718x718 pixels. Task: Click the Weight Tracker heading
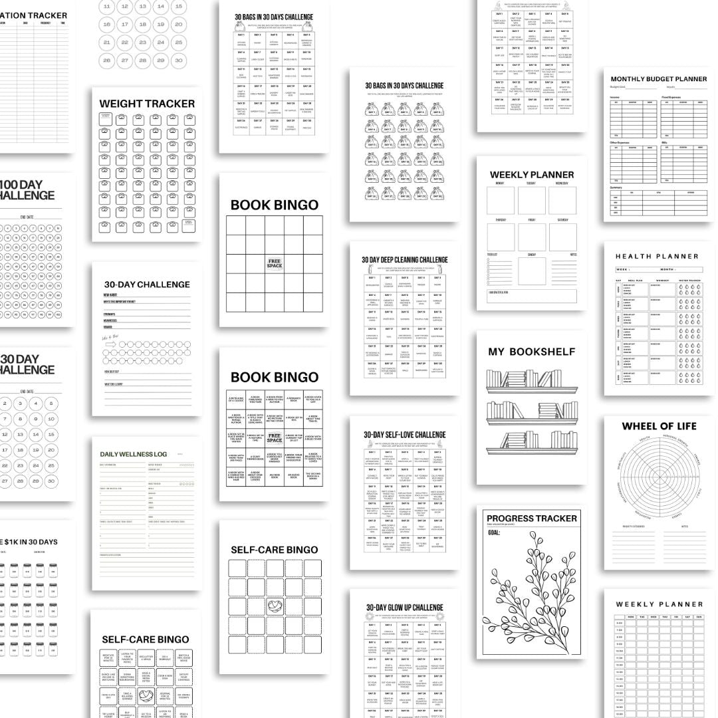[x=147, y=104]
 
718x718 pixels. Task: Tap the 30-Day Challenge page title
[x=147, y=285]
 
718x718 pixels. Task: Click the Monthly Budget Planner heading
[x=659, y=79]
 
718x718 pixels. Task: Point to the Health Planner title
[x=657, y=256]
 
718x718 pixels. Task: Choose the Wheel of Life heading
[x=659, y=426]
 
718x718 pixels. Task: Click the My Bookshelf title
[x=531, y=352]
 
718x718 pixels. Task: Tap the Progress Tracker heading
[x=531, y=519]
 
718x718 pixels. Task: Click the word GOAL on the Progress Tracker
[x=494, y=533]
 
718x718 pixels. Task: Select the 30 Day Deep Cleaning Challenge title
[x=405, y=260]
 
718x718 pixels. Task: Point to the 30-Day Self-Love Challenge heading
[x=405, y=435]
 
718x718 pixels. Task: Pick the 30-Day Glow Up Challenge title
[x=404, y=608]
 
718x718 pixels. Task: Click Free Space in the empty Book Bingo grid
[x=275, y=263]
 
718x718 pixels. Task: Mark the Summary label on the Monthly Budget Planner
[x=616, y=187]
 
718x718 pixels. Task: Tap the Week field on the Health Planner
[x=623, y=270]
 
